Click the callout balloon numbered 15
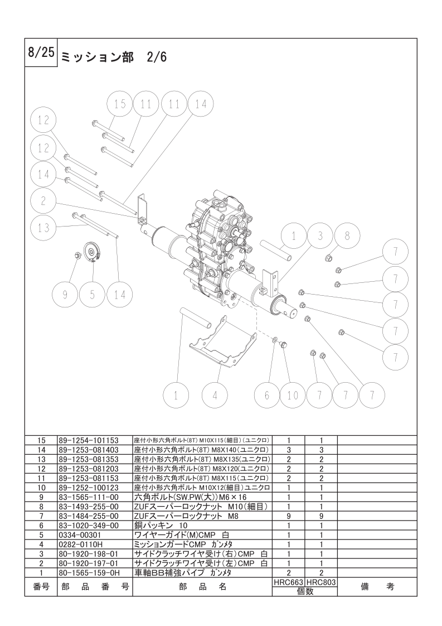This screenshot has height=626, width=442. [120, 104]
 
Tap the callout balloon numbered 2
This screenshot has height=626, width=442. [44, 201]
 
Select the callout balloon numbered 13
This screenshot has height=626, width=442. [44, 228]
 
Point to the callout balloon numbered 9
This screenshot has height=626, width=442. [65, 295]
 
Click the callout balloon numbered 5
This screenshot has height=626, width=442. [92, 295]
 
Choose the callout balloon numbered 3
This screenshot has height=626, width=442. [320, 236]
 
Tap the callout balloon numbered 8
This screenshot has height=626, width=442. [347, 236]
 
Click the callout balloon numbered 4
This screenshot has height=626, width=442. [215, 395]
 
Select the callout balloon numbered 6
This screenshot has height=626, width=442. [267, 395]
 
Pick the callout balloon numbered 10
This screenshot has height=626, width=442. [293, 395]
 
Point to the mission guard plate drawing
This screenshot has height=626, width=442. [222, 343]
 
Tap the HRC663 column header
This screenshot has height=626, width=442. [288, 582]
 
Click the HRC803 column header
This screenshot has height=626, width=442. [321, 582]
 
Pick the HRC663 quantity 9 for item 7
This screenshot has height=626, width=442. [288, 516]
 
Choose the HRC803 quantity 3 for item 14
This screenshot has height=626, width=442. [321, 450]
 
